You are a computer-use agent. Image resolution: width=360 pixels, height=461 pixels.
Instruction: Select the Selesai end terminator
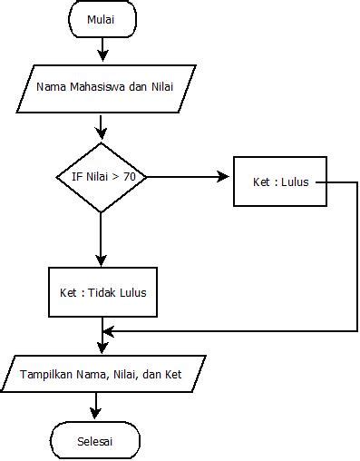click(x=95, y=442)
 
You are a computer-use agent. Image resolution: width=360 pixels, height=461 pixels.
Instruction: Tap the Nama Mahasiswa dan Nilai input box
click(x=105, y=87)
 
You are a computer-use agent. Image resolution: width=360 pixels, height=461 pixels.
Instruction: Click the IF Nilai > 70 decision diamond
click(x=101, y=178)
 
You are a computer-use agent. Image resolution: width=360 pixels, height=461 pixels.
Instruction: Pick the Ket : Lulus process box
click(x=280, y=181)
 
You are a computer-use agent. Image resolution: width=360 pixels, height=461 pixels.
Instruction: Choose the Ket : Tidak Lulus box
click(x=102, y=292)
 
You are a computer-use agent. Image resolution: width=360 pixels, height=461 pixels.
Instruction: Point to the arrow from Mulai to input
click(x=102, y=47)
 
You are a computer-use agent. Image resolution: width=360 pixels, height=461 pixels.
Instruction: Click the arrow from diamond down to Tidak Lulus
click(x=101, y=240)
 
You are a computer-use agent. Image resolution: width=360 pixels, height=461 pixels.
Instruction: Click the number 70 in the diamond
click(x=130, y=178)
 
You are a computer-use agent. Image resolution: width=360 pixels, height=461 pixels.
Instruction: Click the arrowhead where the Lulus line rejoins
click(x=107, y=331)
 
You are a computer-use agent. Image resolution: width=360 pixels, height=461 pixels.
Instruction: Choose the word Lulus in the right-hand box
click(x=294, y=181)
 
